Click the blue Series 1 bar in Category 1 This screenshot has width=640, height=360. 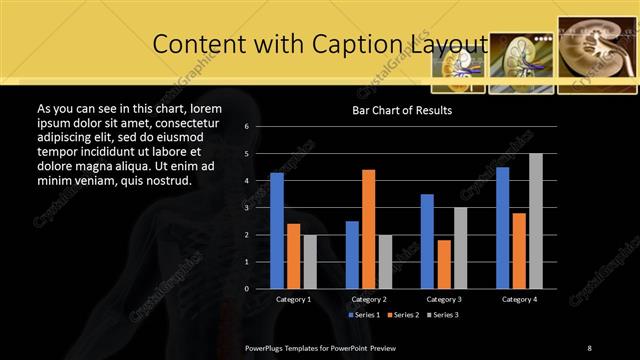pyautogui.click(x=277, y=231)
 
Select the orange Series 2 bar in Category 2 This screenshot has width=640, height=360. pyautogui.click(x=368, y=229)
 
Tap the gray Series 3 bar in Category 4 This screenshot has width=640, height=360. pyautogui.click(x=535, y=221)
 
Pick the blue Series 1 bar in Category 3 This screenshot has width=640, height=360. pyautogui.click(x=427, y=241)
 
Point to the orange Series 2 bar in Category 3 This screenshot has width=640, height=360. pyautogui.click(x=443, y=264)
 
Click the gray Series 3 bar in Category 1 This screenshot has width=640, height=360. pyautogui.click(x=310, y=262)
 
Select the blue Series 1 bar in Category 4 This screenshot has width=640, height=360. pyautogui.click(x=502, y=228)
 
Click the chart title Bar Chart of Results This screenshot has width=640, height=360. pyautogui.click(x=402, y=110)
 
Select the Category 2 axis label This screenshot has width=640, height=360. pyautogui.click(x=369, y=299)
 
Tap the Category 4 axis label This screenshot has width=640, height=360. pyautogui.click(x=519, y=299)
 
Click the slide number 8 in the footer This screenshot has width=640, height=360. pyautogui.click(x=589, y=347)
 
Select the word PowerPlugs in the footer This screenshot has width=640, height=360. pyautogui.click(x=267, y=347)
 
